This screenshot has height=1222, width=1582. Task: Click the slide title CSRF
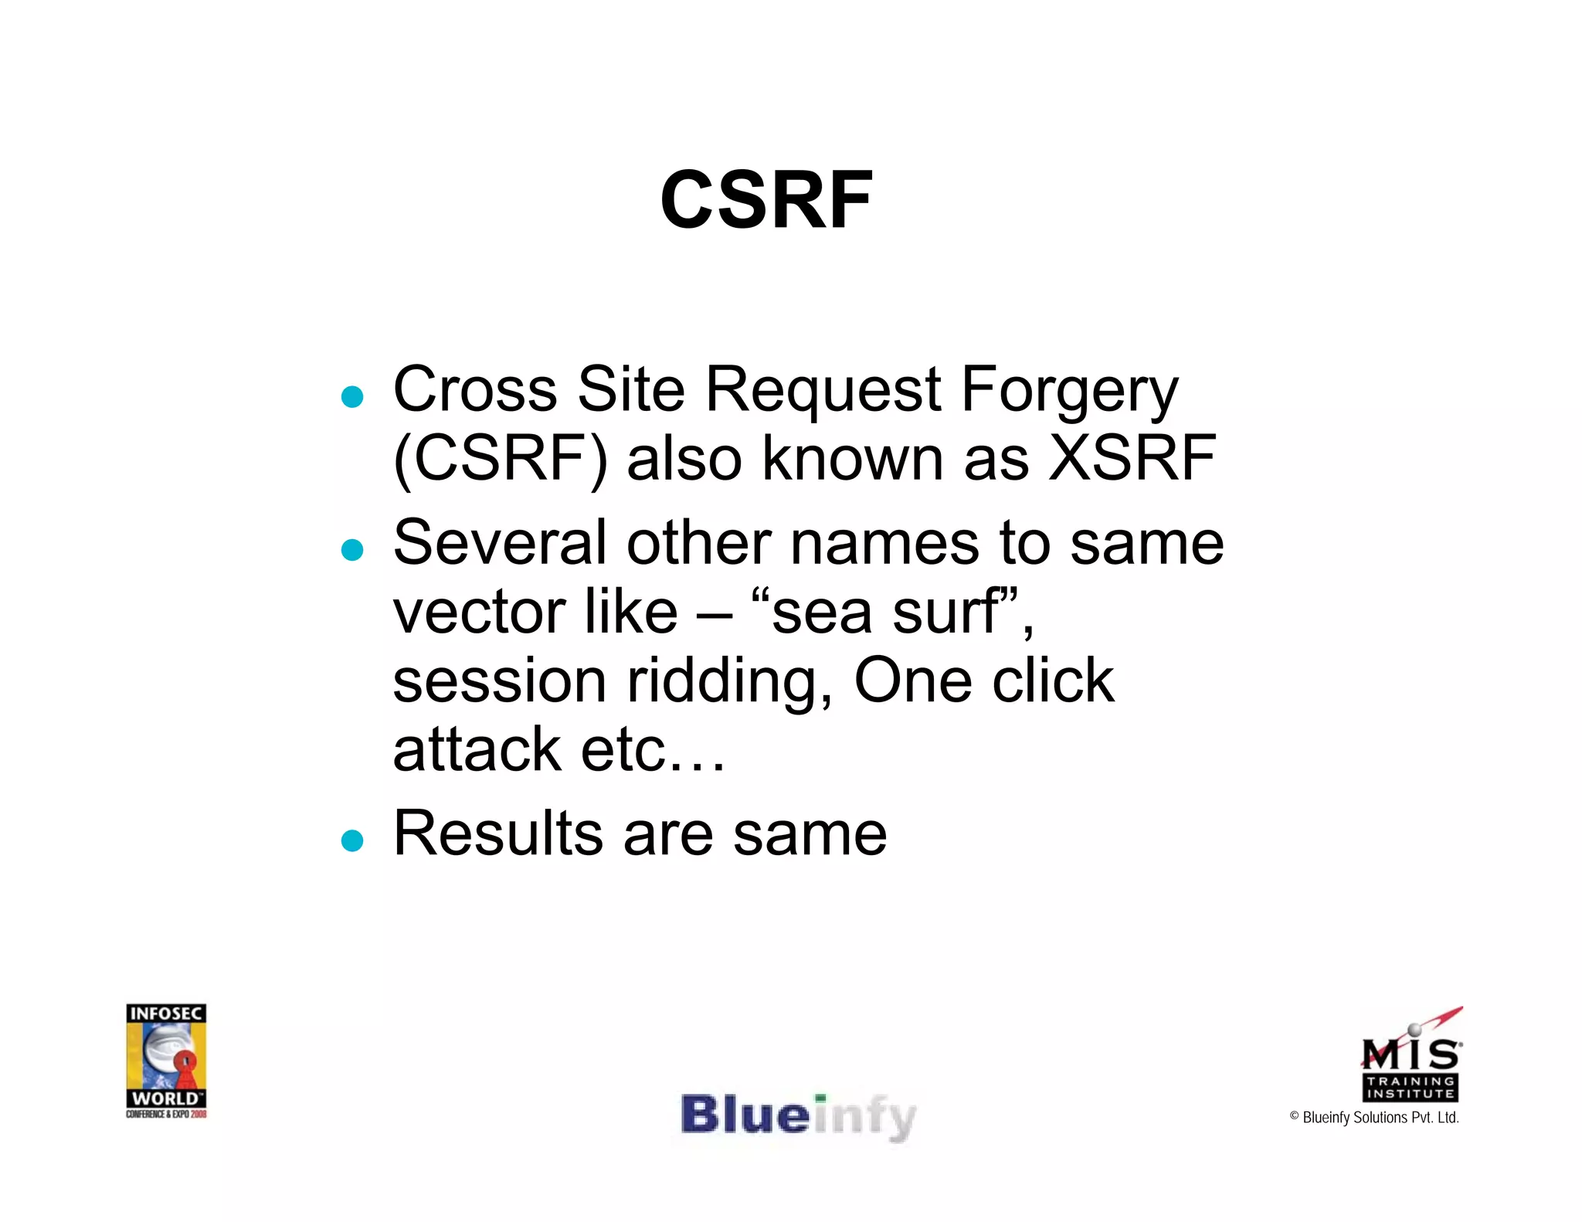pos(766,200)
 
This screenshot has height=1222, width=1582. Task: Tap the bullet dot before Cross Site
pos(352,396)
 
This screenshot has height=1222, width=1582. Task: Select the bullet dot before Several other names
pos(352,549)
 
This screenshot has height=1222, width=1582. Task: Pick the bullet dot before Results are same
pos(352,840)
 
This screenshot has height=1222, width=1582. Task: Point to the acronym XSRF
pos(1132,458)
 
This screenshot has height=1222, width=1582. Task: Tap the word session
pos(500,681)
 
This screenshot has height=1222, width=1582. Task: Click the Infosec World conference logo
pos(166,1061)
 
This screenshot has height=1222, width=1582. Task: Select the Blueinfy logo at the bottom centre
pos(798,1116)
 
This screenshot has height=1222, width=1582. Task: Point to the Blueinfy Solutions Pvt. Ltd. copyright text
pos(1374,1118)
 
